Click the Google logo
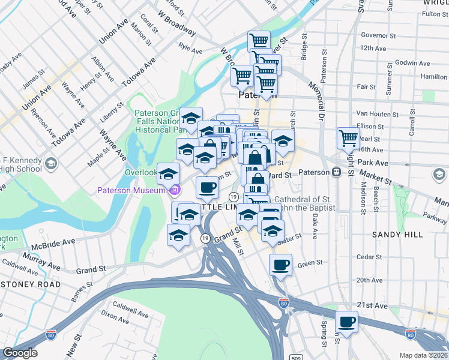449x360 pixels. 19,353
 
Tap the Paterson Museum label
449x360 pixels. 132,191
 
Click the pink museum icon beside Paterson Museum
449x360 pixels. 175,191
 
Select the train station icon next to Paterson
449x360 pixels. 337,172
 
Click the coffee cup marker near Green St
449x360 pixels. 281,265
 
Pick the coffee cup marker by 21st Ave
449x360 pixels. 346,322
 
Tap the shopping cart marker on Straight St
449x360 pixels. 348,139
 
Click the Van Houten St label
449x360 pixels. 378,113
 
